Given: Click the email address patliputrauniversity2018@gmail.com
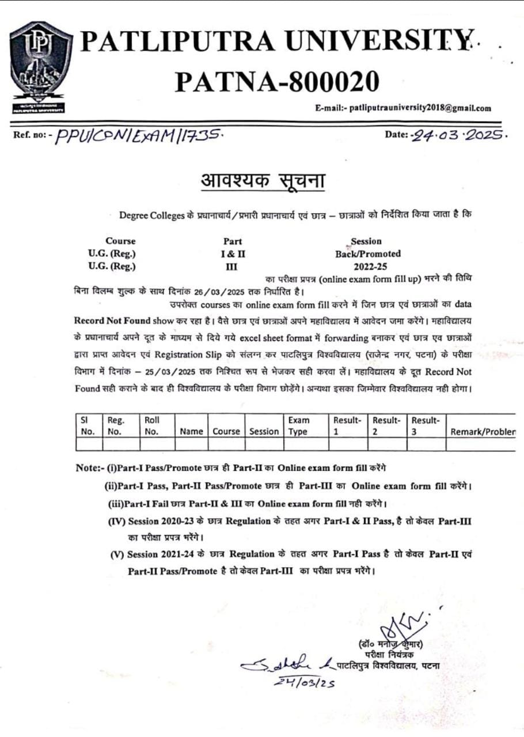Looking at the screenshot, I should pyautogui.click(x=403, y=108).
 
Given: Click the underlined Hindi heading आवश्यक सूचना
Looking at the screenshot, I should pyautogui.click(x=262, y=181).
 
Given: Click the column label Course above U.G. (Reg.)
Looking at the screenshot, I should pyautogui.click(x=120, y=241).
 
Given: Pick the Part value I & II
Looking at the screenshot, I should pyautogui.click(x=233, y=253).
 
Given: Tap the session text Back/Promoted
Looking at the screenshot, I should pyautogui.click(x=368, y=253).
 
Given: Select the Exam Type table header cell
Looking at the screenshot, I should pyautogui.click(x=298, y=426).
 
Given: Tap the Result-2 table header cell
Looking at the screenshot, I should pyautogui.click(x=386, y=426).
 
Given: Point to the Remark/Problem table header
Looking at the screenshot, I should pyautogui.click(x=483, y=431).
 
